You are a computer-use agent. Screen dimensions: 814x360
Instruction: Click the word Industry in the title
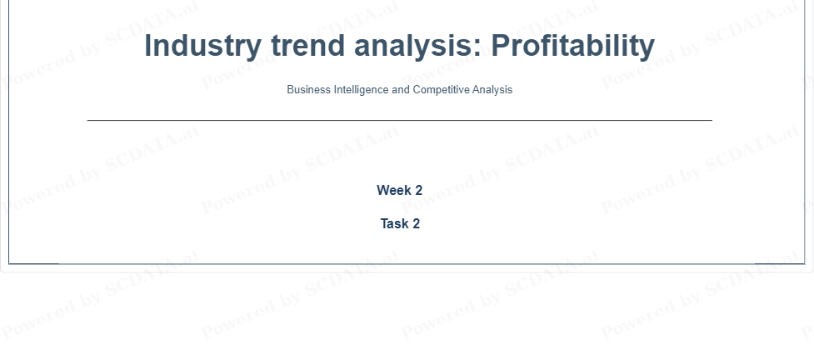[203, 46]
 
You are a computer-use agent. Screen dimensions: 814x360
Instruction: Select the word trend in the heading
[307, 45]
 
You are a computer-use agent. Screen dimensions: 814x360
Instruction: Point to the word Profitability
[573, 46]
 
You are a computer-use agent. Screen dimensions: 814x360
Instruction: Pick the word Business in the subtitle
[308, 89]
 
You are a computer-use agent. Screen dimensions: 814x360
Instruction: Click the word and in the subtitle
[401, 89]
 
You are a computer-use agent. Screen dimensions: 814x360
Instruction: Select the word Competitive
[442, 90]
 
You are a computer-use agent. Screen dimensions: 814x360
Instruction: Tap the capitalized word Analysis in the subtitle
[492, 90]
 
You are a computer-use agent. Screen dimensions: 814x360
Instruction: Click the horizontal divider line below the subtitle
[400, 121]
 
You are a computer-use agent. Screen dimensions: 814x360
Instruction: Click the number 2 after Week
[418, 190]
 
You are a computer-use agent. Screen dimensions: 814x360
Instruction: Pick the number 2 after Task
[416, 223]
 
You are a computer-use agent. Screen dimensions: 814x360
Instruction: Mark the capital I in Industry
[148, 45]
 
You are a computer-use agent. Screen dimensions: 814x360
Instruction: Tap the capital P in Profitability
[502, 45]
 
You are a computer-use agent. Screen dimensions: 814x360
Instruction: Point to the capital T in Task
[385, 223]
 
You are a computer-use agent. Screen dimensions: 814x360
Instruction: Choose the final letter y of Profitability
[647, 50]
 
